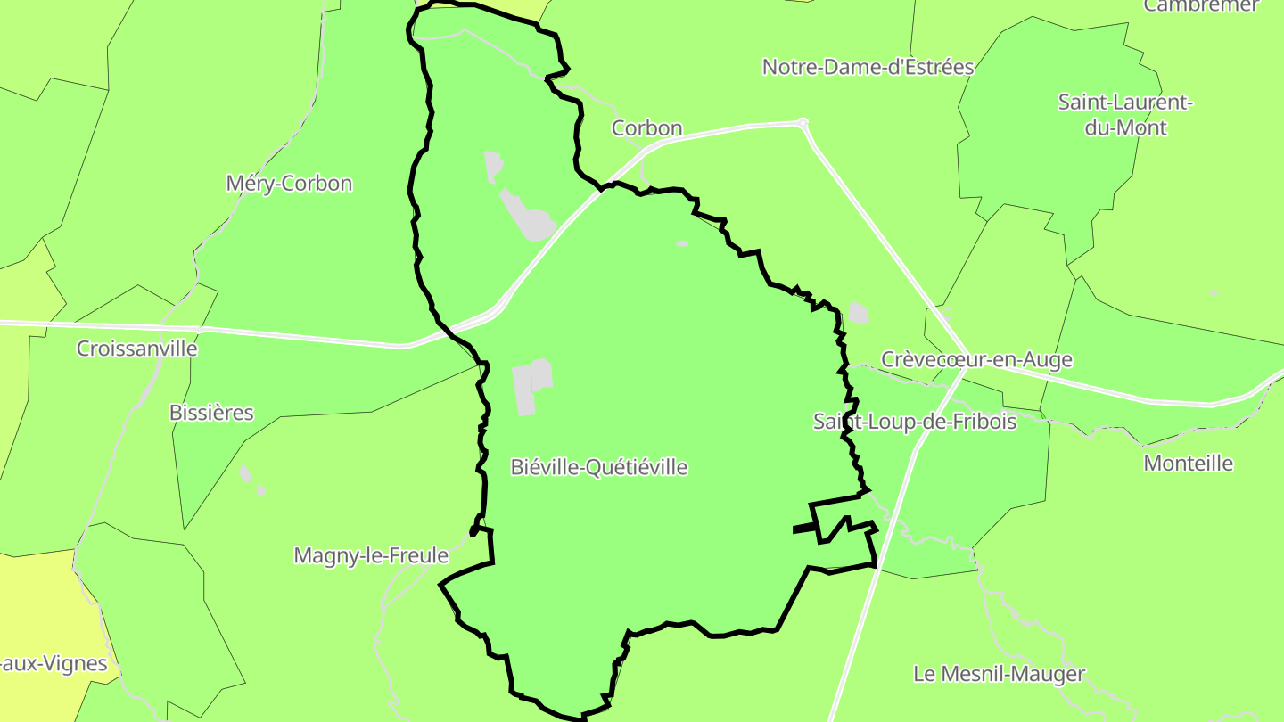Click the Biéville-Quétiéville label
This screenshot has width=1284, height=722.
[x=599, y=467]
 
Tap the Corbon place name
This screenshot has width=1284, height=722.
[x=646, y=128]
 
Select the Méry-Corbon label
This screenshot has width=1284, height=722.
[x=289, y=184]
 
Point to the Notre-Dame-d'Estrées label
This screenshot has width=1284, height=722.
[x=868, y=67]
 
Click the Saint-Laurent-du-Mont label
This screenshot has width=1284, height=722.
[x=1125, y=115]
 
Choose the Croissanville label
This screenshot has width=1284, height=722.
[x=136, y=349]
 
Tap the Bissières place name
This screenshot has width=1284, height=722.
[x=211, y=413]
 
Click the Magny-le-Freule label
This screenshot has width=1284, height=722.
[x=371, y=555]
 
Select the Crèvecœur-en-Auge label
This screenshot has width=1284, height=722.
[x=976, y=359]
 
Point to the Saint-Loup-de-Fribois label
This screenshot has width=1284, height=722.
[x=915, y=421]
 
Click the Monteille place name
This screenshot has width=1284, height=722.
[x=1189, y=464]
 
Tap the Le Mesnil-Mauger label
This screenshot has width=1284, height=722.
[x=999, y=674]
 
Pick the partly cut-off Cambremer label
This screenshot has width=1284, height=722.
[x=1200, y=6]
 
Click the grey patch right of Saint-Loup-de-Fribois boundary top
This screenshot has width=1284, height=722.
[x=858, y=313]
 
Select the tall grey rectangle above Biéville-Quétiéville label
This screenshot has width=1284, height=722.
[x=523, y=390]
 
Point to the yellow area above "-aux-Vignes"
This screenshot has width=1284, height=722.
[x=36, y=606]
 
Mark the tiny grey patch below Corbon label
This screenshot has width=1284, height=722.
[x=682, y=242]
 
